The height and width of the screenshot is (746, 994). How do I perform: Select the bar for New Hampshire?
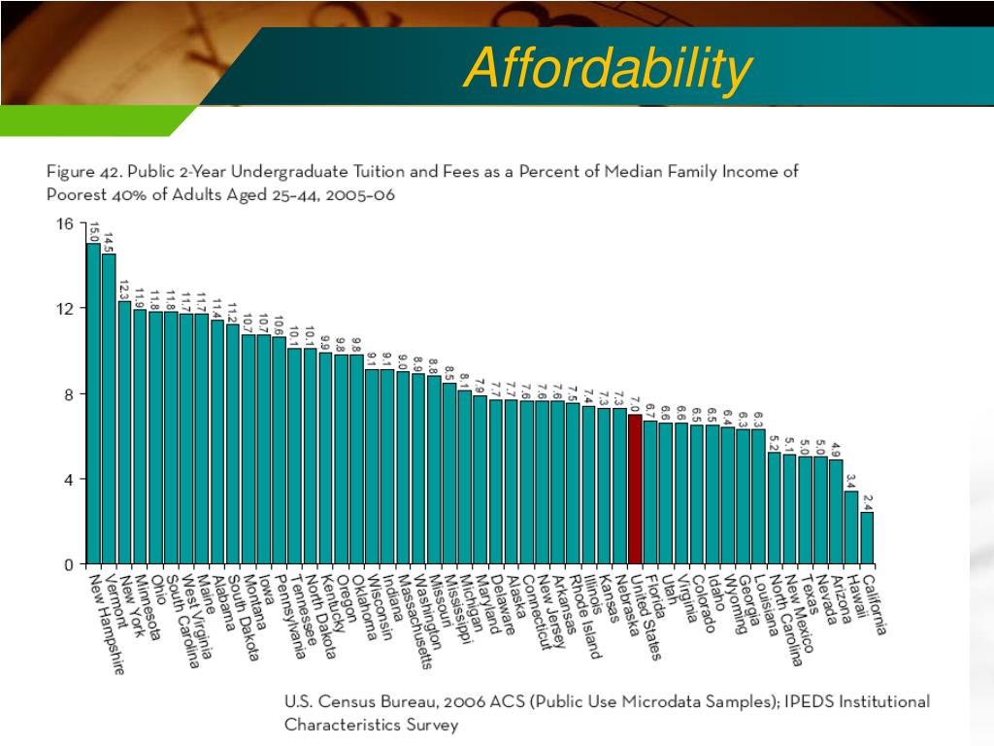93,403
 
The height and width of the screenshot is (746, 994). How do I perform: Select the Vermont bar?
109,408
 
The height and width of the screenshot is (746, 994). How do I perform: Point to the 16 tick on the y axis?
65,223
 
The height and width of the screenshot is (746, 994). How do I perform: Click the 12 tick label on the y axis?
65,308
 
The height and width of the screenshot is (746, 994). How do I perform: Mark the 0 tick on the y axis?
68,564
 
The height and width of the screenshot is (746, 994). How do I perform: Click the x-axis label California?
875,603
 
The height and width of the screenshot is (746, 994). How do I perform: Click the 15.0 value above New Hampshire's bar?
94,232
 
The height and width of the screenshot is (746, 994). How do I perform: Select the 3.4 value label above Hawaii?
851,481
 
